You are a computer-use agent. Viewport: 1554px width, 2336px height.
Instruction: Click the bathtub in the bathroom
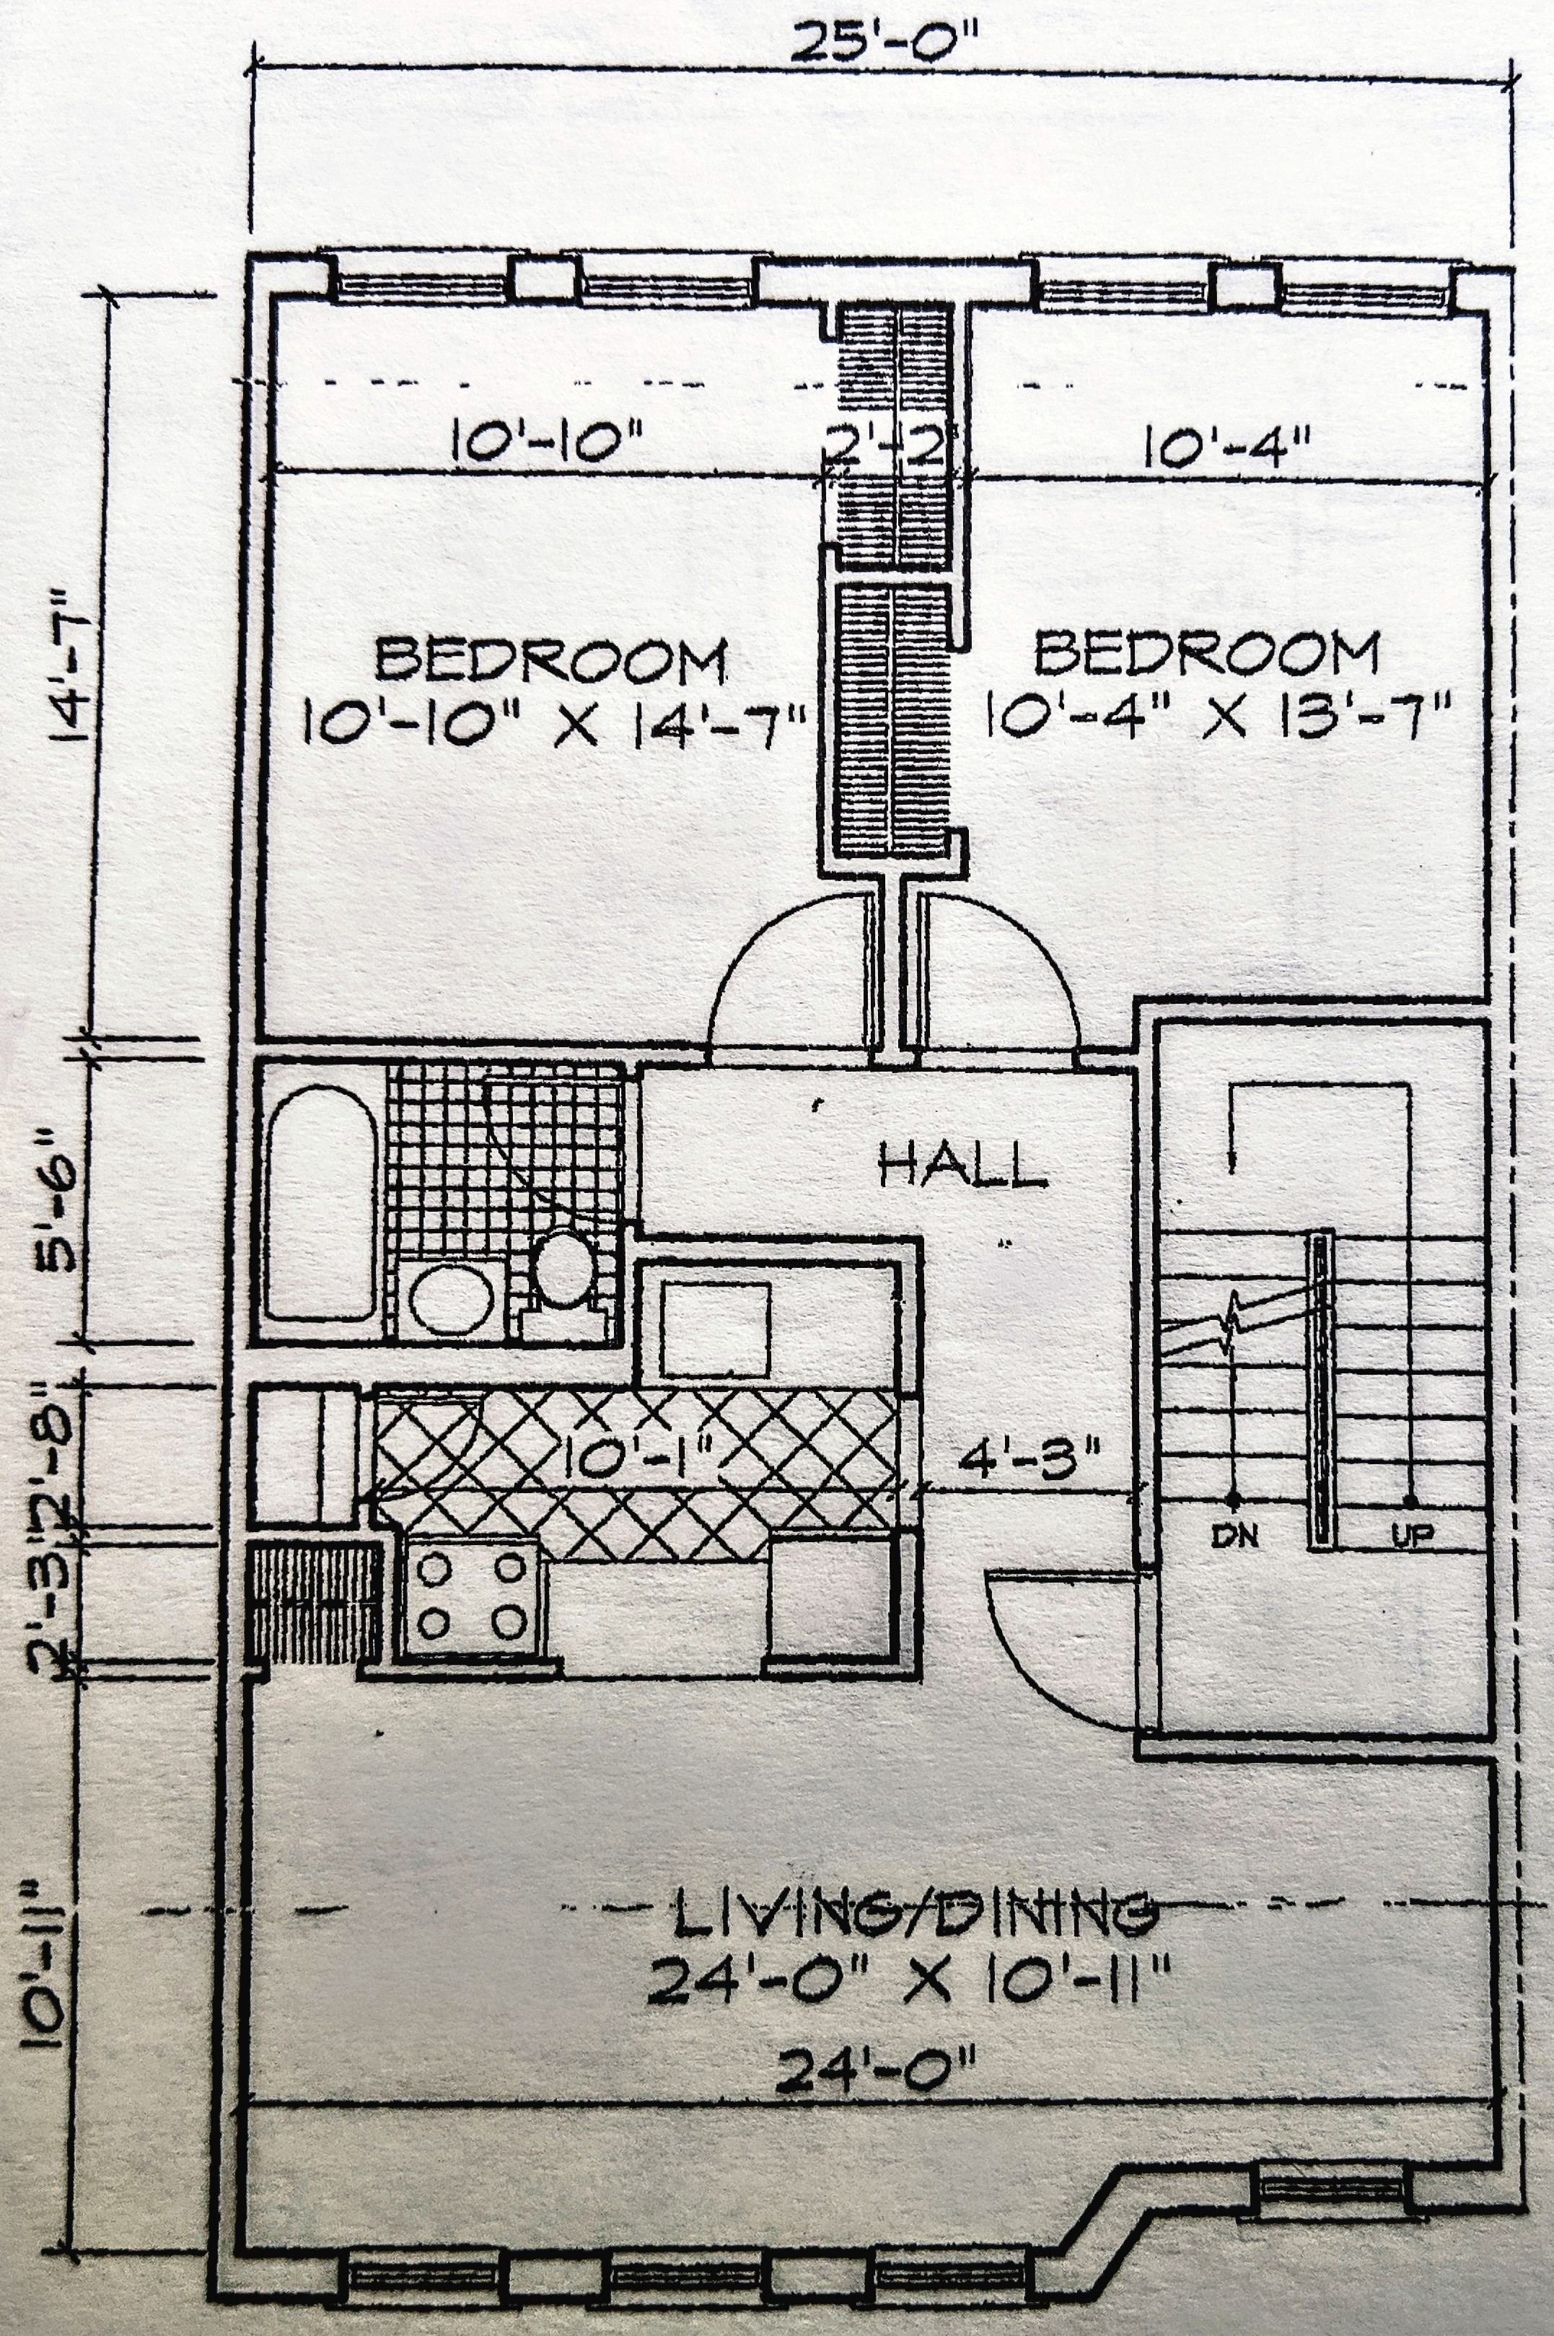coord(319,1202)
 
